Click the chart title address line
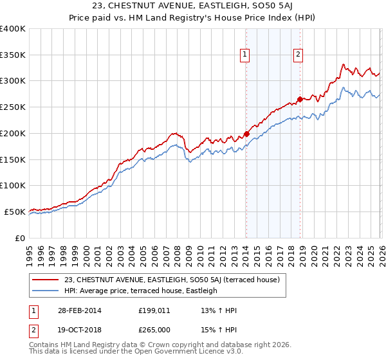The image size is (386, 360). click(x=193, y=6)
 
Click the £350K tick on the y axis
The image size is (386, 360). click(x=13, y=55)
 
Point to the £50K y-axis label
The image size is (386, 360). click(x=15, y=212)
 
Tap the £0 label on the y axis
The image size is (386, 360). click(x=20, y=238)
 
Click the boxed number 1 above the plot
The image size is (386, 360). click(x=246, y=55)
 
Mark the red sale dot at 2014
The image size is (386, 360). click(x=246, y=134)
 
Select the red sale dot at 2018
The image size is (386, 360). click(x=300, y=100)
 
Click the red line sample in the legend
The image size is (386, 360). click(x=46, y=280)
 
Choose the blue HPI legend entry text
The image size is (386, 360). click(x=141, y=291)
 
